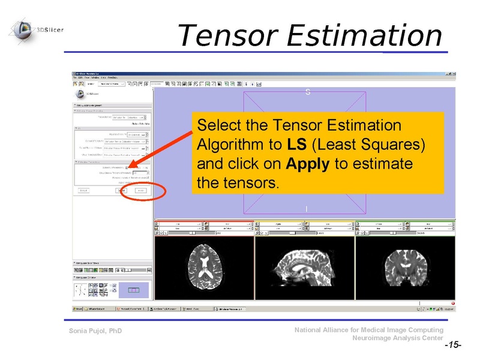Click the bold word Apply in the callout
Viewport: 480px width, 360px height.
click(308, 164)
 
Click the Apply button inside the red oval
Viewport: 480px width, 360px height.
click(140, 190)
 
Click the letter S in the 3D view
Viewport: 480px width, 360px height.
click(307, 92)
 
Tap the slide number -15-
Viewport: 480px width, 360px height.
click(452, 346)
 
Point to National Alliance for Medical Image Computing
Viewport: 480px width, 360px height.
click(370, 330)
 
